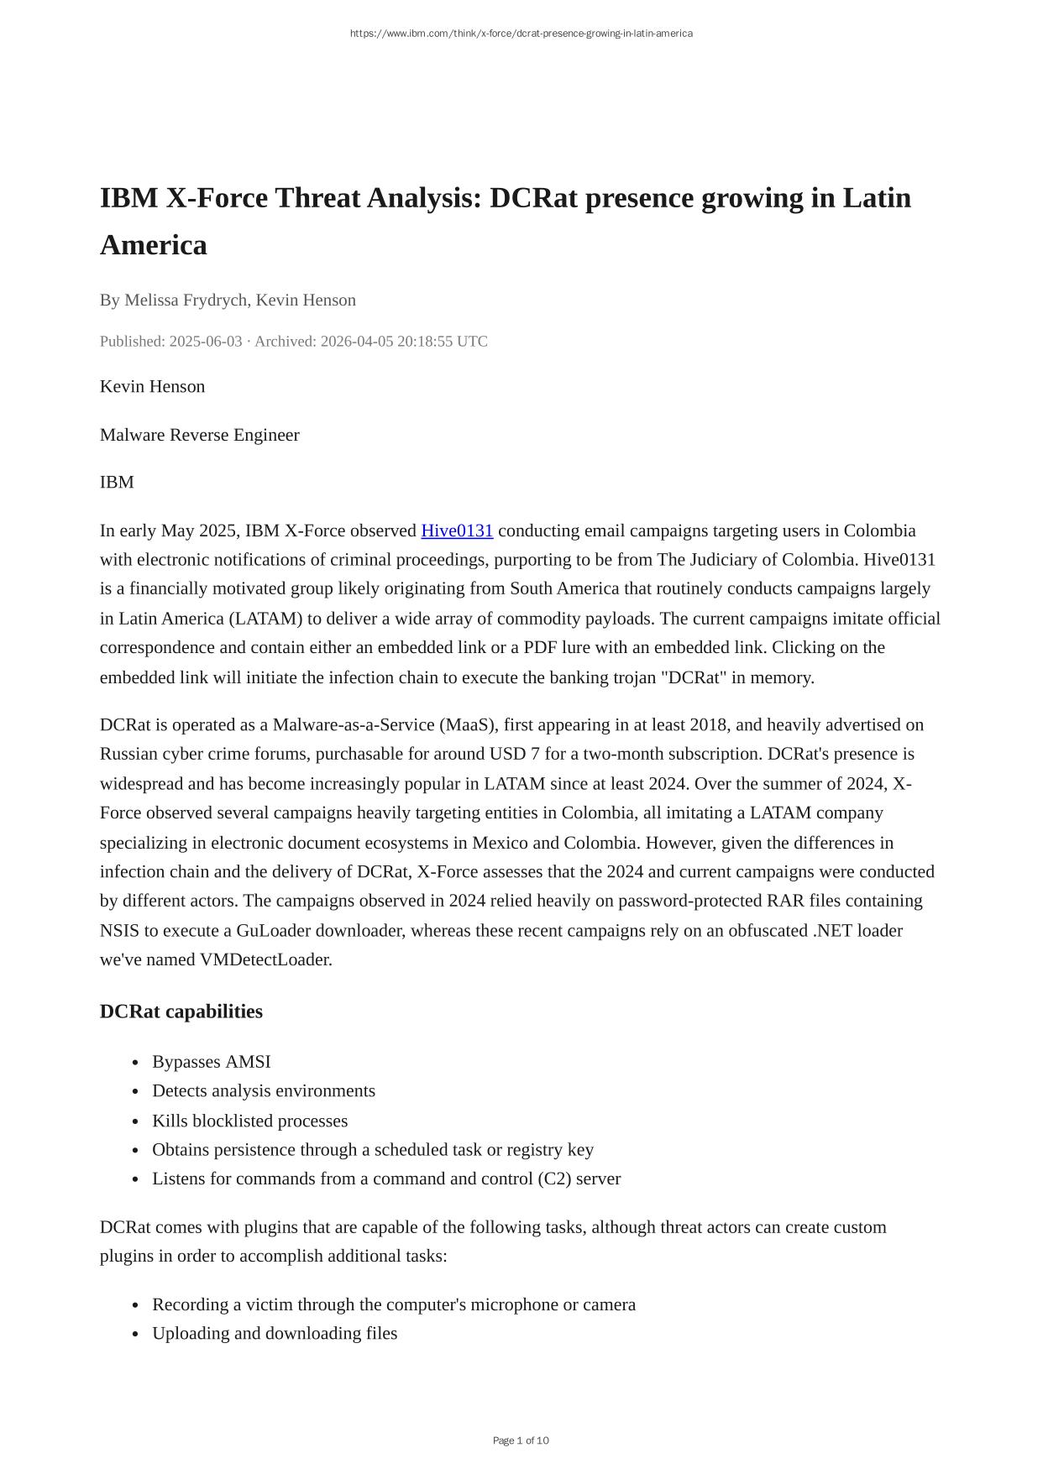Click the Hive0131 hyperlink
[x=457, y=531]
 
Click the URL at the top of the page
[x=521, y=34]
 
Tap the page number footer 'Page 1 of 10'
[x=521, y=1440]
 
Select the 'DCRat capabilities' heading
[x=181, y=1011]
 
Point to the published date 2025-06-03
[x=206, y=341]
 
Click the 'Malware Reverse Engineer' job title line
[x=200, y=435]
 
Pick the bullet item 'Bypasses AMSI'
[x=212, y=1062]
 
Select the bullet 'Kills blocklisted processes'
[x=249, y=1121]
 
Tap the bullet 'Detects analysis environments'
[x=264, y=1090]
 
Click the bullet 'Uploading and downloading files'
[x=275, y=1333]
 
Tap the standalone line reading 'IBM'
[x=117, y=482]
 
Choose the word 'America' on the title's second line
[x=154, y=245]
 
